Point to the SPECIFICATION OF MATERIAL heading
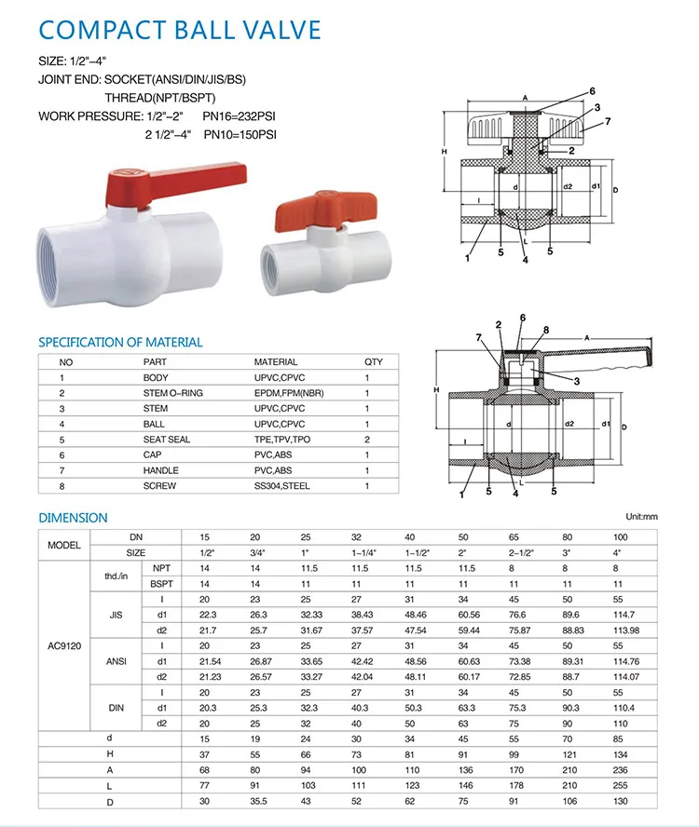coord(120,342)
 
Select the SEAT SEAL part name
coord(166,439)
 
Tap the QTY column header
coord(373,361)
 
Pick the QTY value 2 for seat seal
coord(367,439)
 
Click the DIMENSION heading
coord(73,517)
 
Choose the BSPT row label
coord(160,583)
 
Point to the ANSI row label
coord(116,660)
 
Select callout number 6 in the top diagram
coord(591,91)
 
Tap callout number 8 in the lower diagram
coord(546,330)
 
